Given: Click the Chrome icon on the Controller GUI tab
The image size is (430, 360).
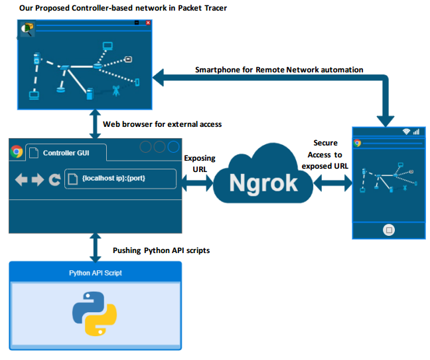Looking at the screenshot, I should pyautogui.click(x=17, y=152).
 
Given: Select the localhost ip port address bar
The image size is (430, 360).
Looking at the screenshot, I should pyautogui.click(x=120, y=179).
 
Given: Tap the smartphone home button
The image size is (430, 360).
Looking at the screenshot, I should pyautogui.click(x=389, y=230).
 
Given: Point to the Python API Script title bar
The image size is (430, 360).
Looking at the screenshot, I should pyautogui.click(x=95, y=273).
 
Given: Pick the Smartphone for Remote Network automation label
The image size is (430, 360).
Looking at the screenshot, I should pyautogui.click(x=279, y=70).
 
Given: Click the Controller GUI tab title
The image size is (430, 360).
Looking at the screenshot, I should pyautogui.click(x=65, y=153).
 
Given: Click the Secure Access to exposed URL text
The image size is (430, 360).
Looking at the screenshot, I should pyautogui.click(x=325, y=155).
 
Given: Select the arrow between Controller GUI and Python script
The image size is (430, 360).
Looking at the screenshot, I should pyautogui.click(x=94, y=247).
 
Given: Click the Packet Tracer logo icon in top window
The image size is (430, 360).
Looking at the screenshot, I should pyautogui.click(x=27, y=29).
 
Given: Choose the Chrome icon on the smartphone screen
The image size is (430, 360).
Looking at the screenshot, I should pyautogui.click(x=358, y=143).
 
